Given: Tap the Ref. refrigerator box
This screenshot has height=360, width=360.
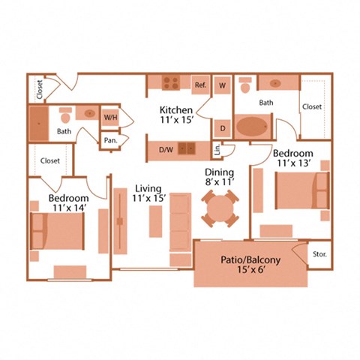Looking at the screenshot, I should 200,85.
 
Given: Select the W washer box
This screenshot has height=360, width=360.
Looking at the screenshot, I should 222,85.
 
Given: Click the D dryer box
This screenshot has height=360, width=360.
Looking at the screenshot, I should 223,127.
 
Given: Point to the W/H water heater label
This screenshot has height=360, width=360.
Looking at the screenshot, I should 110,118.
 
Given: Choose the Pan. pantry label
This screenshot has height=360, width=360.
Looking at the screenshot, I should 110,140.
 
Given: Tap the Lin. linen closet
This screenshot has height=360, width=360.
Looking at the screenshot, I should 217,149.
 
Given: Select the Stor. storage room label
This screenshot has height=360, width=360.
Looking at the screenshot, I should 318,254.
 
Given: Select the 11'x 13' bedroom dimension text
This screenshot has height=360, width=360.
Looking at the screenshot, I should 293,162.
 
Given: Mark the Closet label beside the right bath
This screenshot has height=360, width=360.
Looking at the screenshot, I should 312,106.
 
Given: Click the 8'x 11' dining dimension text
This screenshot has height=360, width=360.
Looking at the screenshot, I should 220,181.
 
